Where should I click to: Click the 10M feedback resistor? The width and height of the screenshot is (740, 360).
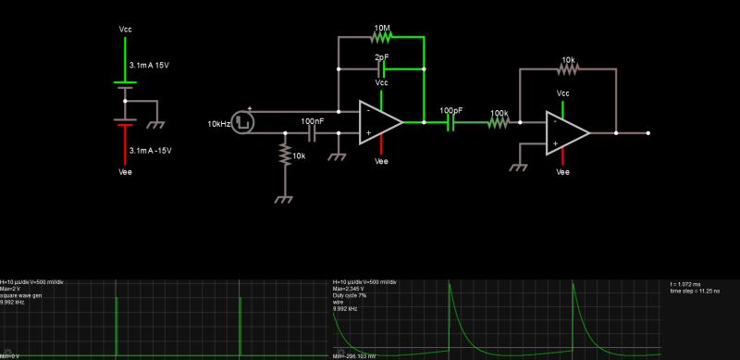coord(381,38)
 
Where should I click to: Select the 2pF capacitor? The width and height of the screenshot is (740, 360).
coord(381,69)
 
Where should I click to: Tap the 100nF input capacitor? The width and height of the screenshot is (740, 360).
coord(313,133)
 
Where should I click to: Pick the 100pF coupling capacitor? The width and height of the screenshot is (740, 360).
coord(452,122)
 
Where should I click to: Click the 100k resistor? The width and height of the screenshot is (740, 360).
coord(499,122)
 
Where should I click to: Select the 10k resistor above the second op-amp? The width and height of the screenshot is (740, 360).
coord(567,69)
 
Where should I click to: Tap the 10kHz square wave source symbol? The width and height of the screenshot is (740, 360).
coord(243,122)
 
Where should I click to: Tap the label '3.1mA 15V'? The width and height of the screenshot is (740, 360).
coord(150,65)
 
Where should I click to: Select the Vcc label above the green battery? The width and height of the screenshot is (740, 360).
coord(126,31)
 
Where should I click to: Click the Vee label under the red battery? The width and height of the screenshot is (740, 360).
coord(126,171)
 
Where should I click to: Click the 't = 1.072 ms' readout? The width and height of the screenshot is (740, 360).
coord(689,284)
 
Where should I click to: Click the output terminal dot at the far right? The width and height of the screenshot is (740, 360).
coord(648,133)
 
